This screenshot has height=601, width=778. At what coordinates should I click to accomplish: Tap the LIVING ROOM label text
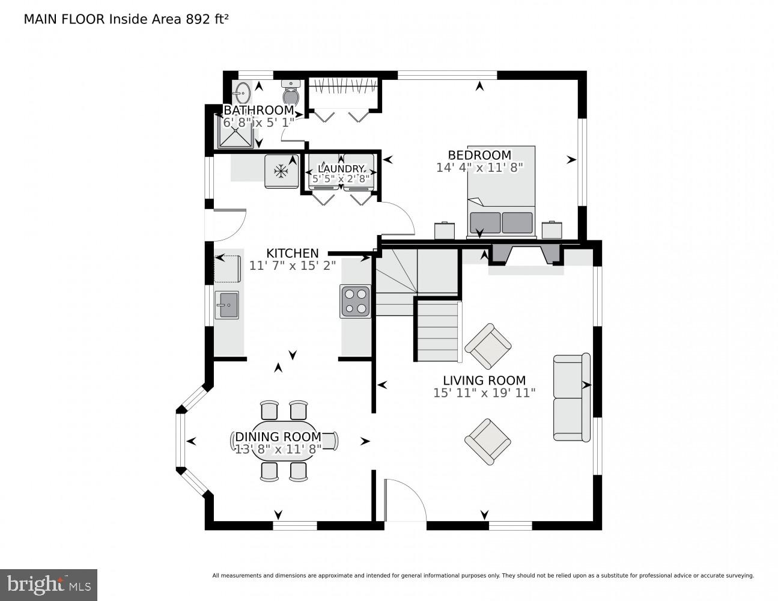pos(484,380)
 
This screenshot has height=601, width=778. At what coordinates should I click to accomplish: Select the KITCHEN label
pos(293,253)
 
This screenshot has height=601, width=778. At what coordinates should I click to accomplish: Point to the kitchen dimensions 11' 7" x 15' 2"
pos(293,265)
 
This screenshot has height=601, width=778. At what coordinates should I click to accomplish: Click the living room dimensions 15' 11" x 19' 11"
pos(484,393)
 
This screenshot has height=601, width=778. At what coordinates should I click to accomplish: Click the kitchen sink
pos(226,305)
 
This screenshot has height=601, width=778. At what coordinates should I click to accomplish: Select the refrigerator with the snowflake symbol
pos(281,171)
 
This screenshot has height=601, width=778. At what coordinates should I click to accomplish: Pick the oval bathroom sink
pos(242,93)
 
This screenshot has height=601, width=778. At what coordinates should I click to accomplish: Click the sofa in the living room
pos(571,397)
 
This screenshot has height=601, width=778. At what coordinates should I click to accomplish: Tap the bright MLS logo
pos(48,584)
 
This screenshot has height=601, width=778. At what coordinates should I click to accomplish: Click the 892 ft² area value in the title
pos(206,19)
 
